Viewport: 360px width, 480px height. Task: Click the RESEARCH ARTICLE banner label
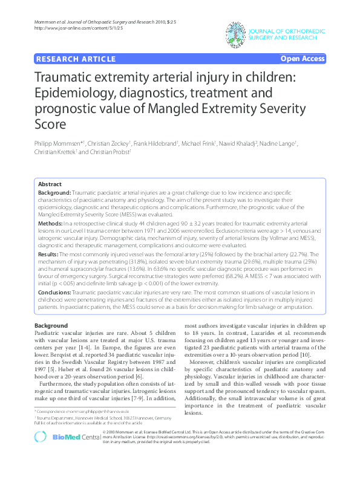(76, 59)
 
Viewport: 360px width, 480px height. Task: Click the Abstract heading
(50, 184)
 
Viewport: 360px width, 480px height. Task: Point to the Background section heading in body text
(51, 326)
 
